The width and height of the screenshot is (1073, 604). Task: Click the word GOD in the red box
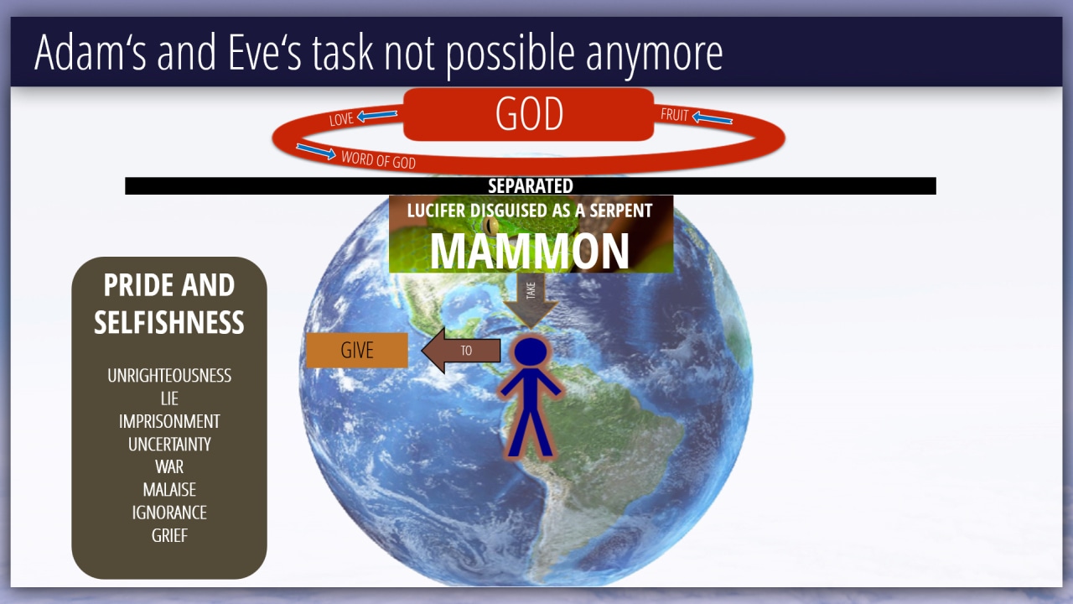tap(529, 113)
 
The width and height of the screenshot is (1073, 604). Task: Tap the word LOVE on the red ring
tap(341, 119)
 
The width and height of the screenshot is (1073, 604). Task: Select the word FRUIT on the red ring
tap(675, 115)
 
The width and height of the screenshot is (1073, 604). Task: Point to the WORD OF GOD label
tap(378, 159)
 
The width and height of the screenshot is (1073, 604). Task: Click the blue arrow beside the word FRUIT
tap(713, 117)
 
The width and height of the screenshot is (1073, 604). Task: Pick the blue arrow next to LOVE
tap(377, 115)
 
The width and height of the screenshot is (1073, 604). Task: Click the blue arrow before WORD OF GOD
tap(316, 151)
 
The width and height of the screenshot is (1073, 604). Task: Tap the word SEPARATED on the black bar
tap(531, 186)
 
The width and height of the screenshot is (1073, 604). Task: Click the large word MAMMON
tap(529, 252)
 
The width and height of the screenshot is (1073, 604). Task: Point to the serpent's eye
tap(490, 225)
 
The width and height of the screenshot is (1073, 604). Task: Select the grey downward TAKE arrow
tap(531, 300)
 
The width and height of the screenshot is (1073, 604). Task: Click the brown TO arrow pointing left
tap(461, 351)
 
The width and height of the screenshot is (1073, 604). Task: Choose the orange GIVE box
tap(357, 351)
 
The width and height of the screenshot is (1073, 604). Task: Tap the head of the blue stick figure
tap(531, 352)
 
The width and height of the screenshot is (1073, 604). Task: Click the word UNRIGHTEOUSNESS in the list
tap(169, 376)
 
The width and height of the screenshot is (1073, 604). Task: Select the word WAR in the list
tap(169, 467)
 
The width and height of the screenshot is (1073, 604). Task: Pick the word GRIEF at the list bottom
tap(169, 535)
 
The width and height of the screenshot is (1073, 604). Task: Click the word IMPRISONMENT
tap(169, 421)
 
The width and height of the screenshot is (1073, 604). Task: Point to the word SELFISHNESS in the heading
tap(169, 322)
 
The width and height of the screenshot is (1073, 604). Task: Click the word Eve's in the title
tap(265, 53)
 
